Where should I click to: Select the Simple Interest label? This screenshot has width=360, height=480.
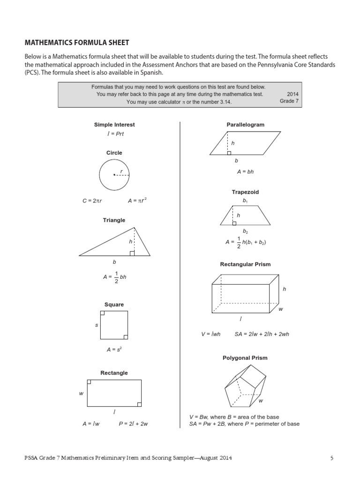[x=114, y=125]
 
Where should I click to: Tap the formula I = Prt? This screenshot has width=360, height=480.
[x=114, y=134]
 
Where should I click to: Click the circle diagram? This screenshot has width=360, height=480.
[x=114, y=174]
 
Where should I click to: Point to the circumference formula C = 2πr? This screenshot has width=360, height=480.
[x=92, y=201]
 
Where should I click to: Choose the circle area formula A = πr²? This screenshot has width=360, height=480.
[x=137, y=201]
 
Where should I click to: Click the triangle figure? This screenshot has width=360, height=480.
[x=115, y=243]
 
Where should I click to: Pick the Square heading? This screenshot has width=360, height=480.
[x=114, y=305]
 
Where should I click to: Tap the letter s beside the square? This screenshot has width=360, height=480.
[x=96, y=325]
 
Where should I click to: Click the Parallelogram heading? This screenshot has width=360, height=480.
[x=246, y=125]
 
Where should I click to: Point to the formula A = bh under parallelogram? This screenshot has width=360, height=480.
[x=245, y=172]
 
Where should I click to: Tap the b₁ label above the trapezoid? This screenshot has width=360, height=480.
[x=245, y=201]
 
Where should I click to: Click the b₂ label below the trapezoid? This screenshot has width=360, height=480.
[x=245, y=232]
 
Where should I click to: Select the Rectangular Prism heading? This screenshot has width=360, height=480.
[x=245, y=264]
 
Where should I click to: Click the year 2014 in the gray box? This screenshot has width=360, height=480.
[x=292, y=94]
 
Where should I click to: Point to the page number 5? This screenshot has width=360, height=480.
[x=332, y=458]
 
